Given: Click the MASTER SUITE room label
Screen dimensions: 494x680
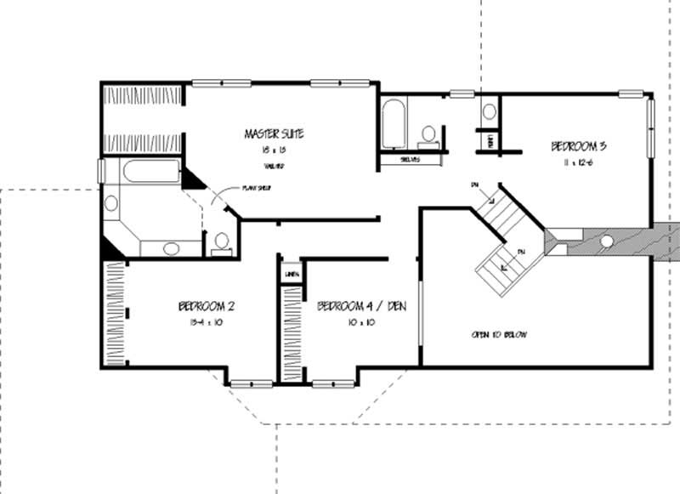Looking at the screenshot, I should [274, 133].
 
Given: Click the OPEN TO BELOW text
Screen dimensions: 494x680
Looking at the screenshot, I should [499, 335].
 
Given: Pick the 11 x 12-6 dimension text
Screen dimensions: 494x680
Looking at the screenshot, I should [577, 162].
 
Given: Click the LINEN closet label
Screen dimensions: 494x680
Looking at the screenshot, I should [291, 274].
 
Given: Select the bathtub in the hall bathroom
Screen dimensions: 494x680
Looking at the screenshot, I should [393, 125].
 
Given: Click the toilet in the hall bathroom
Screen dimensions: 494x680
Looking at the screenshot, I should [429, 134].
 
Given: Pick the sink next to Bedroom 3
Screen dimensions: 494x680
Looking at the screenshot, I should [490, 111].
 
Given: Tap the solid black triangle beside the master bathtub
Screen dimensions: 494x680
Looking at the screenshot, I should [192, 179].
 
